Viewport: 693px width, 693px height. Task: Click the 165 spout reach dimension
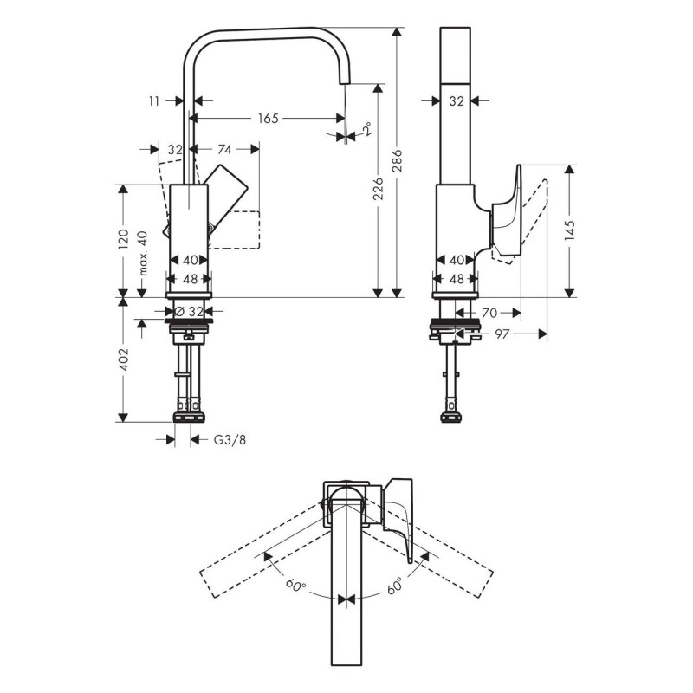[x=267, y=119]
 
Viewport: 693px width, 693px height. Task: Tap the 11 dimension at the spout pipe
[x=154, y=101]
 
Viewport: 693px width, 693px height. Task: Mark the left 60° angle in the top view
[x=295, y=586]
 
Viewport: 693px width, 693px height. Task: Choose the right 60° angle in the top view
[x=395, y=585]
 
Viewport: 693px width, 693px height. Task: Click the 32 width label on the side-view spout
[x=457, y=101]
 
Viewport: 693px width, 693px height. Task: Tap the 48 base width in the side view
[x=457, y=279]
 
